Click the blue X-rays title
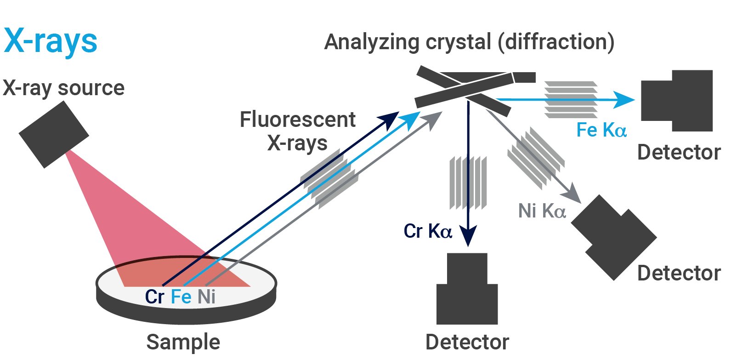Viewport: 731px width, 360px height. click(x=51, y=41)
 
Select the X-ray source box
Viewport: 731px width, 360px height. click(x=54, y=134)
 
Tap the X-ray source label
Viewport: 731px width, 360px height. click(x=63, y=88)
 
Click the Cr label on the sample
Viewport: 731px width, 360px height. click(x=154, y=297)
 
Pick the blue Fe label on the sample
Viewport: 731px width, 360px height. click(x=181, y=297)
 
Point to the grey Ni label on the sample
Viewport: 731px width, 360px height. click(x=206, y=297)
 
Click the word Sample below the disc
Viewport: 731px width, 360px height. click(x=183, y=342)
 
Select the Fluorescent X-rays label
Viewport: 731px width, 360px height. click(x=298, y=131)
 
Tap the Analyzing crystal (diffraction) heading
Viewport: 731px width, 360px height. click(x=469, y=42)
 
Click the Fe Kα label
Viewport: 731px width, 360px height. click(x=601, y=130)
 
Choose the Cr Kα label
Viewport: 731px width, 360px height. click(x=428, y=231)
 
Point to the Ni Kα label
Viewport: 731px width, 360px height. click(x=542, y=211)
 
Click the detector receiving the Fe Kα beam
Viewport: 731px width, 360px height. click(x=677, y=101)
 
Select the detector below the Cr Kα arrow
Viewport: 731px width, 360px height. click(x=467, y=289)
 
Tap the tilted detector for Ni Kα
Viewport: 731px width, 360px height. click(x=614, y=238)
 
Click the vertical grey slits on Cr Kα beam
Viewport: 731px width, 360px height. click(x=468, y=183)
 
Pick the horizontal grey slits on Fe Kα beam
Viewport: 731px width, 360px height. click(x=571, y=100)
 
